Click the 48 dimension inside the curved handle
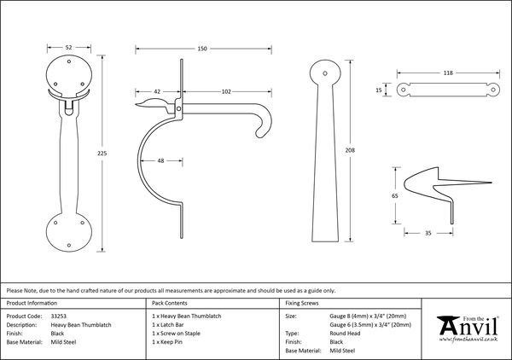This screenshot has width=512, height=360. tap(161, 160)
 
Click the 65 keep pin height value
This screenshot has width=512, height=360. tap(394, 196)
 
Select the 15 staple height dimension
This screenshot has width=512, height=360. tap(378, 88)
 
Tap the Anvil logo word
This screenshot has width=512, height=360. tap(471, 328)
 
